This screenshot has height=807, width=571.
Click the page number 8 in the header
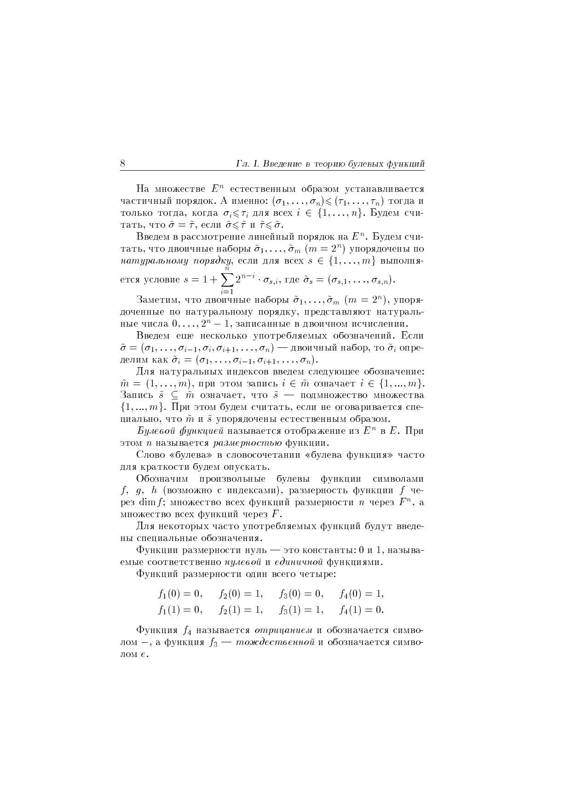coord(123,164)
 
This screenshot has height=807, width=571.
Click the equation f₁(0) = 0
coord(180,594)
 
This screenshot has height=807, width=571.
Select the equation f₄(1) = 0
coord(361,610)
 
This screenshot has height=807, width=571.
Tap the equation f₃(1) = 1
coord(301,610)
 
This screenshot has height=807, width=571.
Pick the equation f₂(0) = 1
coord(241,594)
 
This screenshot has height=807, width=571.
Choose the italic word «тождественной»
coord(275,642)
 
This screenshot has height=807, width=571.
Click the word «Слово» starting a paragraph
coord(149,455)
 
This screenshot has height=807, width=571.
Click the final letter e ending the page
coord(144,654)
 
